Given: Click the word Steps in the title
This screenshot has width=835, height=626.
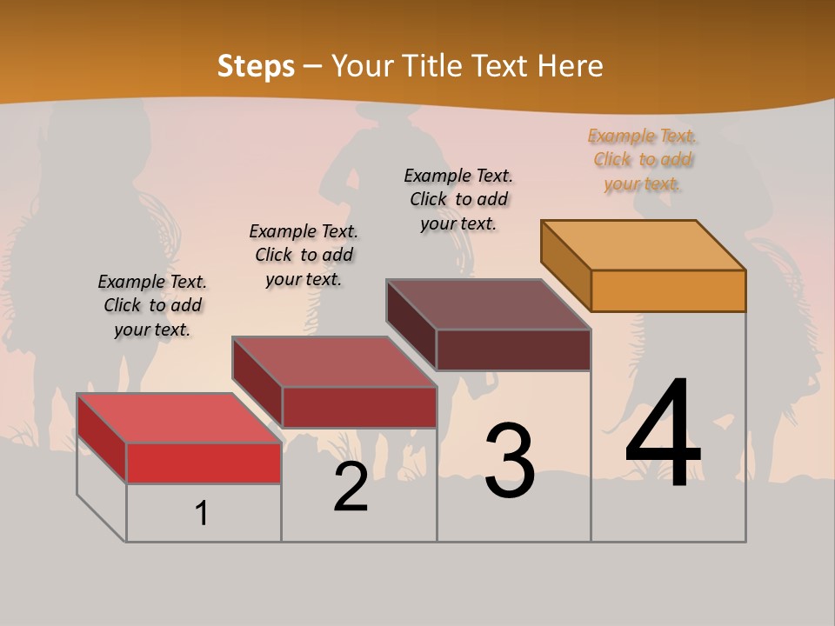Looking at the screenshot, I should (x=256, y=66).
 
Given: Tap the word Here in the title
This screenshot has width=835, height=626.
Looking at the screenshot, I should (x=570, y=66).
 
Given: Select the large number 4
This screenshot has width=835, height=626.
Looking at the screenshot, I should (x=663, y=435).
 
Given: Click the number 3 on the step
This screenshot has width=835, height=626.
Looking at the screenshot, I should (x=510, y=461).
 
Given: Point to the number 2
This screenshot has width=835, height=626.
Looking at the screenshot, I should (x=351, y=487).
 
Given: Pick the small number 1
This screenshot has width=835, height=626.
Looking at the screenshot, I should (x=202, y=513).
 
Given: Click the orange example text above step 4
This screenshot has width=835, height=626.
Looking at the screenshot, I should (x=643, y=159).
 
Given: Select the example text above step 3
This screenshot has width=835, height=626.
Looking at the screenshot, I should (x=458, y=199).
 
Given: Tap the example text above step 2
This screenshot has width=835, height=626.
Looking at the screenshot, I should (x=304, y=255).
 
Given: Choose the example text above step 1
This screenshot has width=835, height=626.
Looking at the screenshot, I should (x=152, y=305).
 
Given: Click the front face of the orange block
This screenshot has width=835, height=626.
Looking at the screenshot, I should (x=668, y=290).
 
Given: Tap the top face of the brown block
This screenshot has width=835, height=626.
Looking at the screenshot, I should (x=489, y=304).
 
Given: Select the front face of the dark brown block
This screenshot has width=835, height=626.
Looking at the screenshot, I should (x=513, y=350).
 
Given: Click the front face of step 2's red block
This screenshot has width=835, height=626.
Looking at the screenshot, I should (x=358, y=407).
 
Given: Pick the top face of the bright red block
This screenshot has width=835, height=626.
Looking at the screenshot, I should (x=179, y=418).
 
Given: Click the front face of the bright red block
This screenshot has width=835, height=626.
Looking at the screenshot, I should (x=204, y=463).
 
